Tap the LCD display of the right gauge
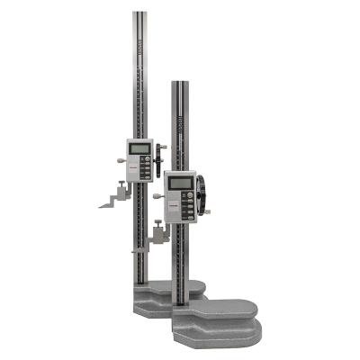(x=180, y=182)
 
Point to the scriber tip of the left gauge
(x=103, y=205)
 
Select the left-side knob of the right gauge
(x=157, y=193)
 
